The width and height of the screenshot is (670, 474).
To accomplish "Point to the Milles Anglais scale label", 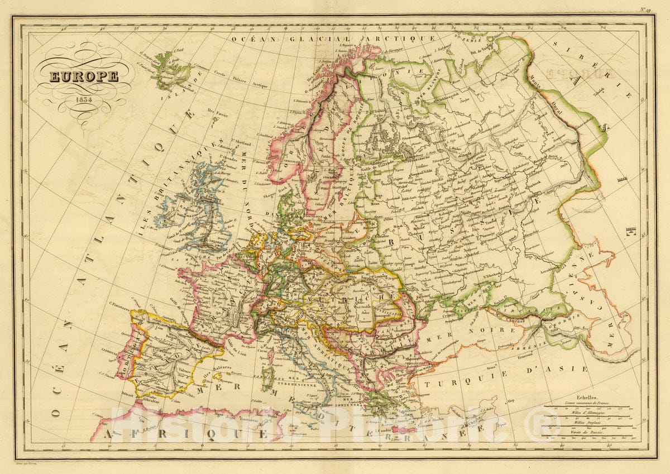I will [x=587, y=423].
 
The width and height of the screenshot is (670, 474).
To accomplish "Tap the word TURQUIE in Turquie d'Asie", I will [x=461, y=382].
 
